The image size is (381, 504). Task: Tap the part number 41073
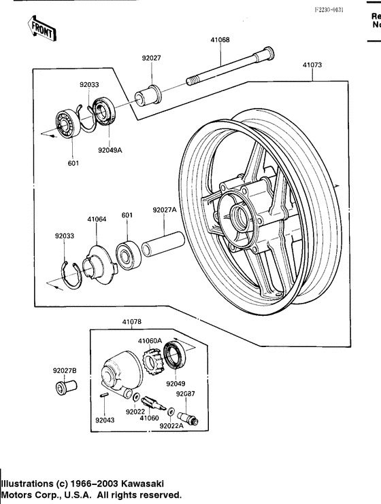tap(312, 65)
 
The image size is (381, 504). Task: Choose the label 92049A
tap(108, 149)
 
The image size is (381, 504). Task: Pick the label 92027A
tap(164, 211)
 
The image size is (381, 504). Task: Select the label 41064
tap(97, 219)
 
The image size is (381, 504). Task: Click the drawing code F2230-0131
tap(329, 10)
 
